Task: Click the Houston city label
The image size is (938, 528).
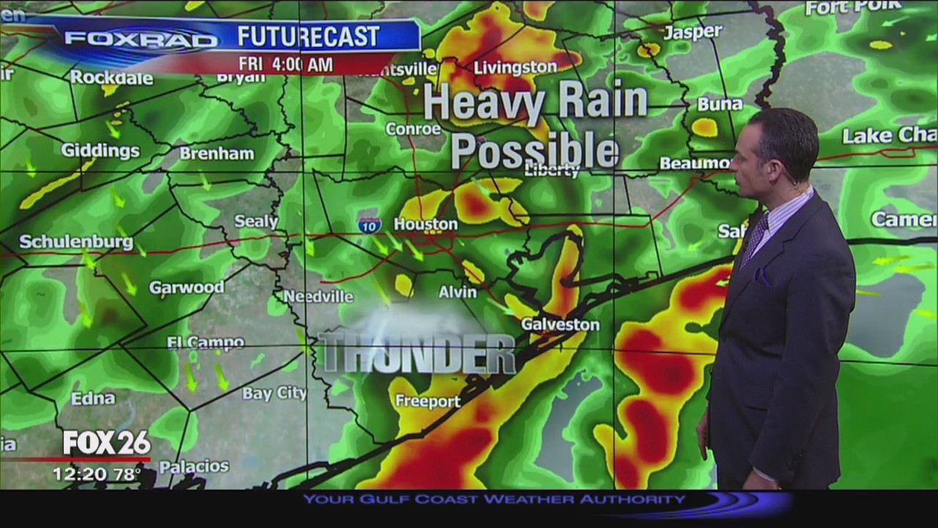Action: pos(426,224)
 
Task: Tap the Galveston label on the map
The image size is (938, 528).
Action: pos(560,324)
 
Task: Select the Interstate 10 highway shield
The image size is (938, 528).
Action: pos(369,226)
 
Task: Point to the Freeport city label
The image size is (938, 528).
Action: pos(428,401)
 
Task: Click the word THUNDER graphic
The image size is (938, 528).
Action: pos(418,353)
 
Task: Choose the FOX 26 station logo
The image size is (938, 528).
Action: pos(106,443)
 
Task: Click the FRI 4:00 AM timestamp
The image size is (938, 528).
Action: pos(285,65)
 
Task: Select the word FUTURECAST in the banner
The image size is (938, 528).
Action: pos(309,37)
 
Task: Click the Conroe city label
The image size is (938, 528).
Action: pos(413,129)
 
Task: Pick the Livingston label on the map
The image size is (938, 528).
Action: pos(515,67)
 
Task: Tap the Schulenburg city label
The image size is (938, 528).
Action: pos(76,242)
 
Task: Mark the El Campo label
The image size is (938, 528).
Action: pos(205,342)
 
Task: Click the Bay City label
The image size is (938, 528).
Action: pos(274,394)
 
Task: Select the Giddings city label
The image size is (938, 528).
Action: pos(100,151)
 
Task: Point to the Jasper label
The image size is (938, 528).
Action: pos(693,32)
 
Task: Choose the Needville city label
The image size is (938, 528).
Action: pos(318,296)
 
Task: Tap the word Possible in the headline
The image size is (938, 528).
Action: pos(534,152)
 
